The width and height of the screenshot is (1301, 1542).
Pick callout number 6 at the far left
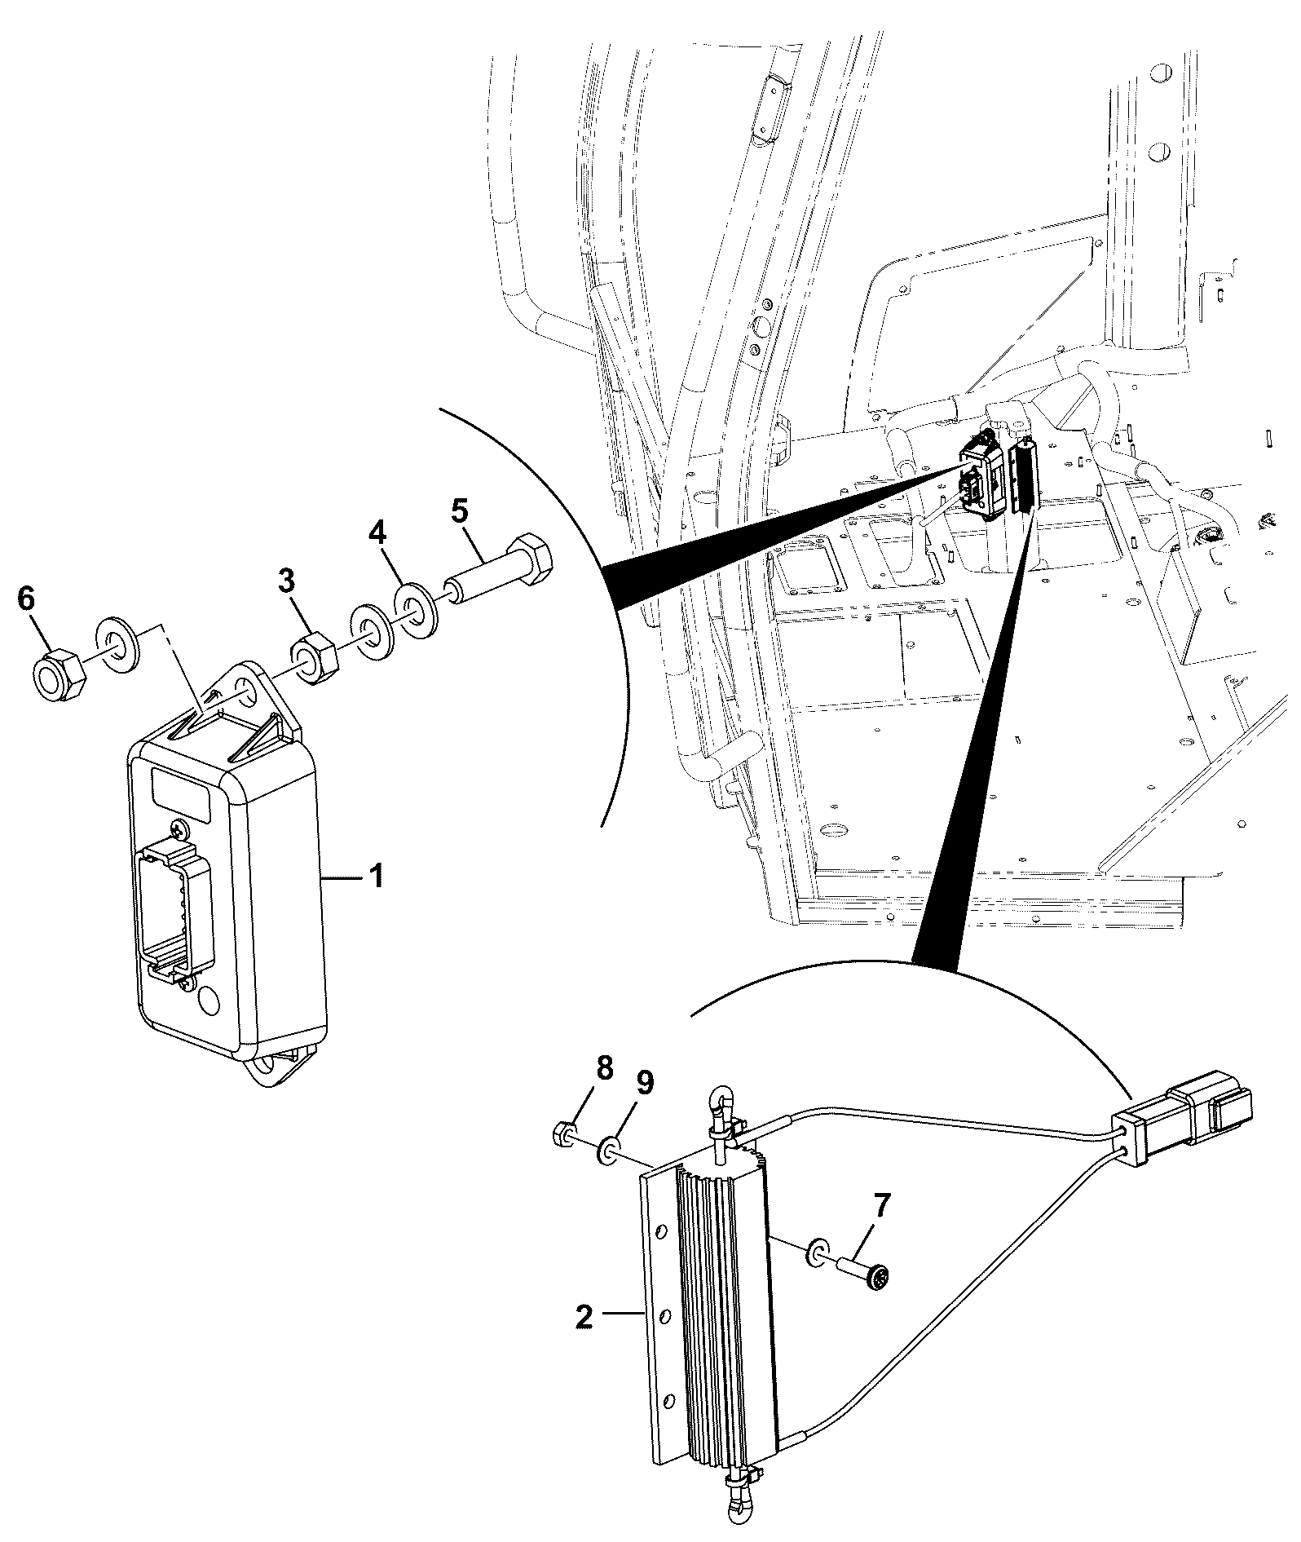pos(26,599)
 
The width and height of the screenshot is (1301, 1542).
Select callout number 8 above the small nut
pos(604,1068)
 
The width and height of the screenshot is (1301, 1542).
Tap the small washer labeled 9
pos(608,1153)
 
